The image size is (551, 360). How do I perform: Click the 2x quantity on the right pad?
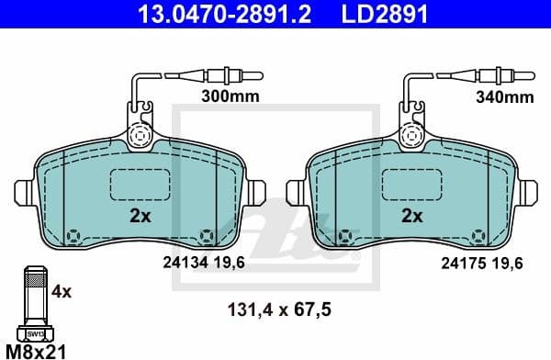[412, 218]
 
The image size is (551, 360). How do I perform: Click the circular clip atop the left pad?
[141, 134]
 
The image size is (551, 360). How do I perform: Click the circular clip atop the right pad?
[412, 134]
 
